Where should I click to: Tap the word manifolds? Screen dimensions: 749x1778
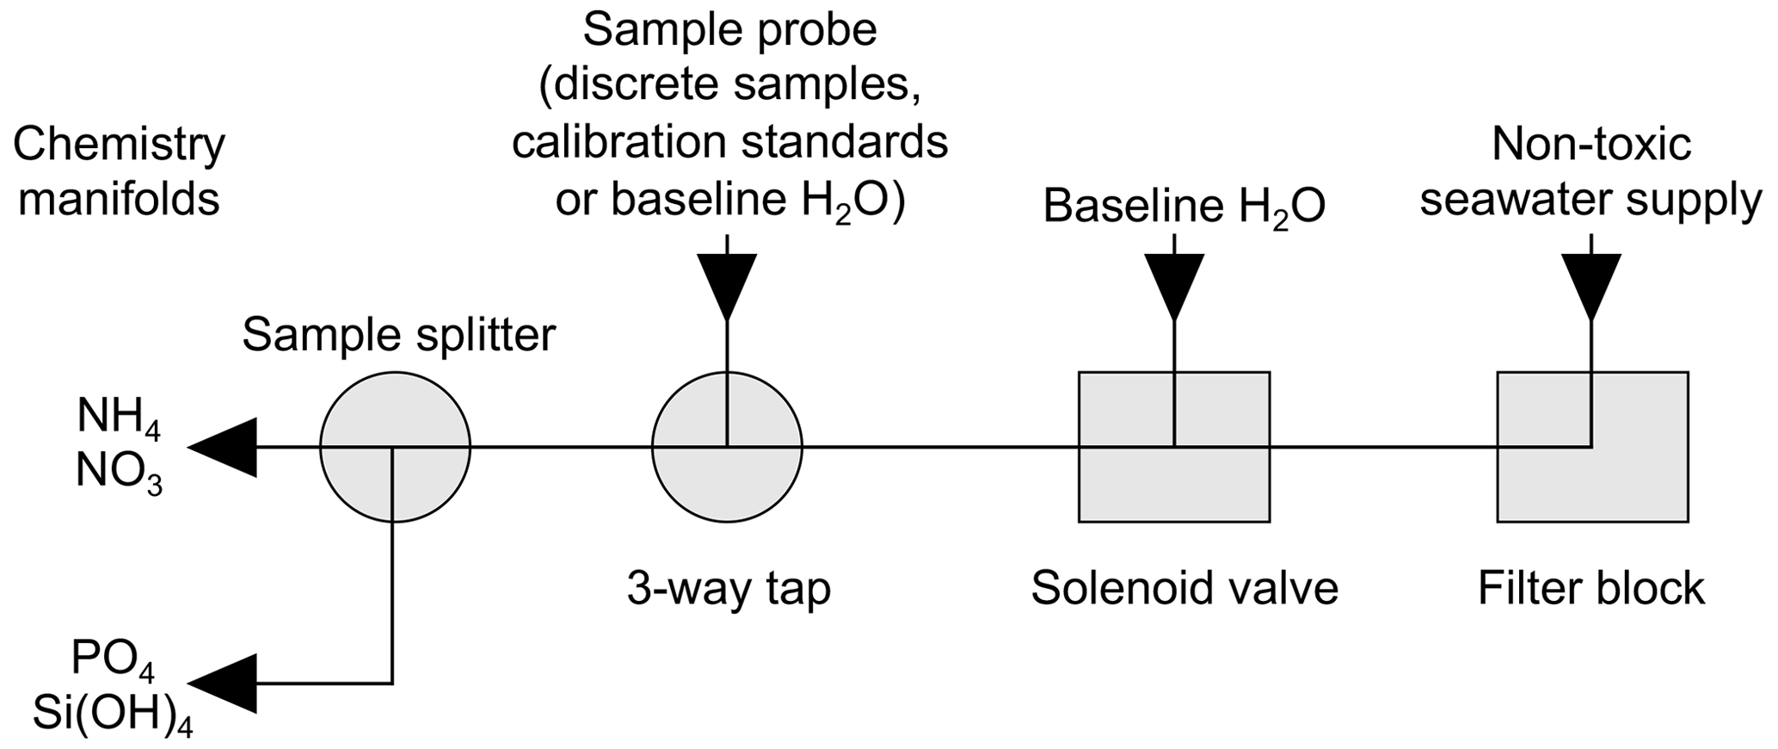click(x=119, y=199)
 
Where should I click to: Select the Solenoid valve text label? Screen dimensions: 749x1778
click(x=1184, y=589)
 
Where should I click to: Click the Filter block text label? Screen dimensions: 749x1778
click(x=1590, y=589)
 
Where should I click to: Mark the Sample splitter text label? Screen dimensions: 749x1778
click(x=398, y=336)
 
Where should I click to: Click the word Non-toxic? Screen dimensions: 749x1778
click(x=1590, y=144)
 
